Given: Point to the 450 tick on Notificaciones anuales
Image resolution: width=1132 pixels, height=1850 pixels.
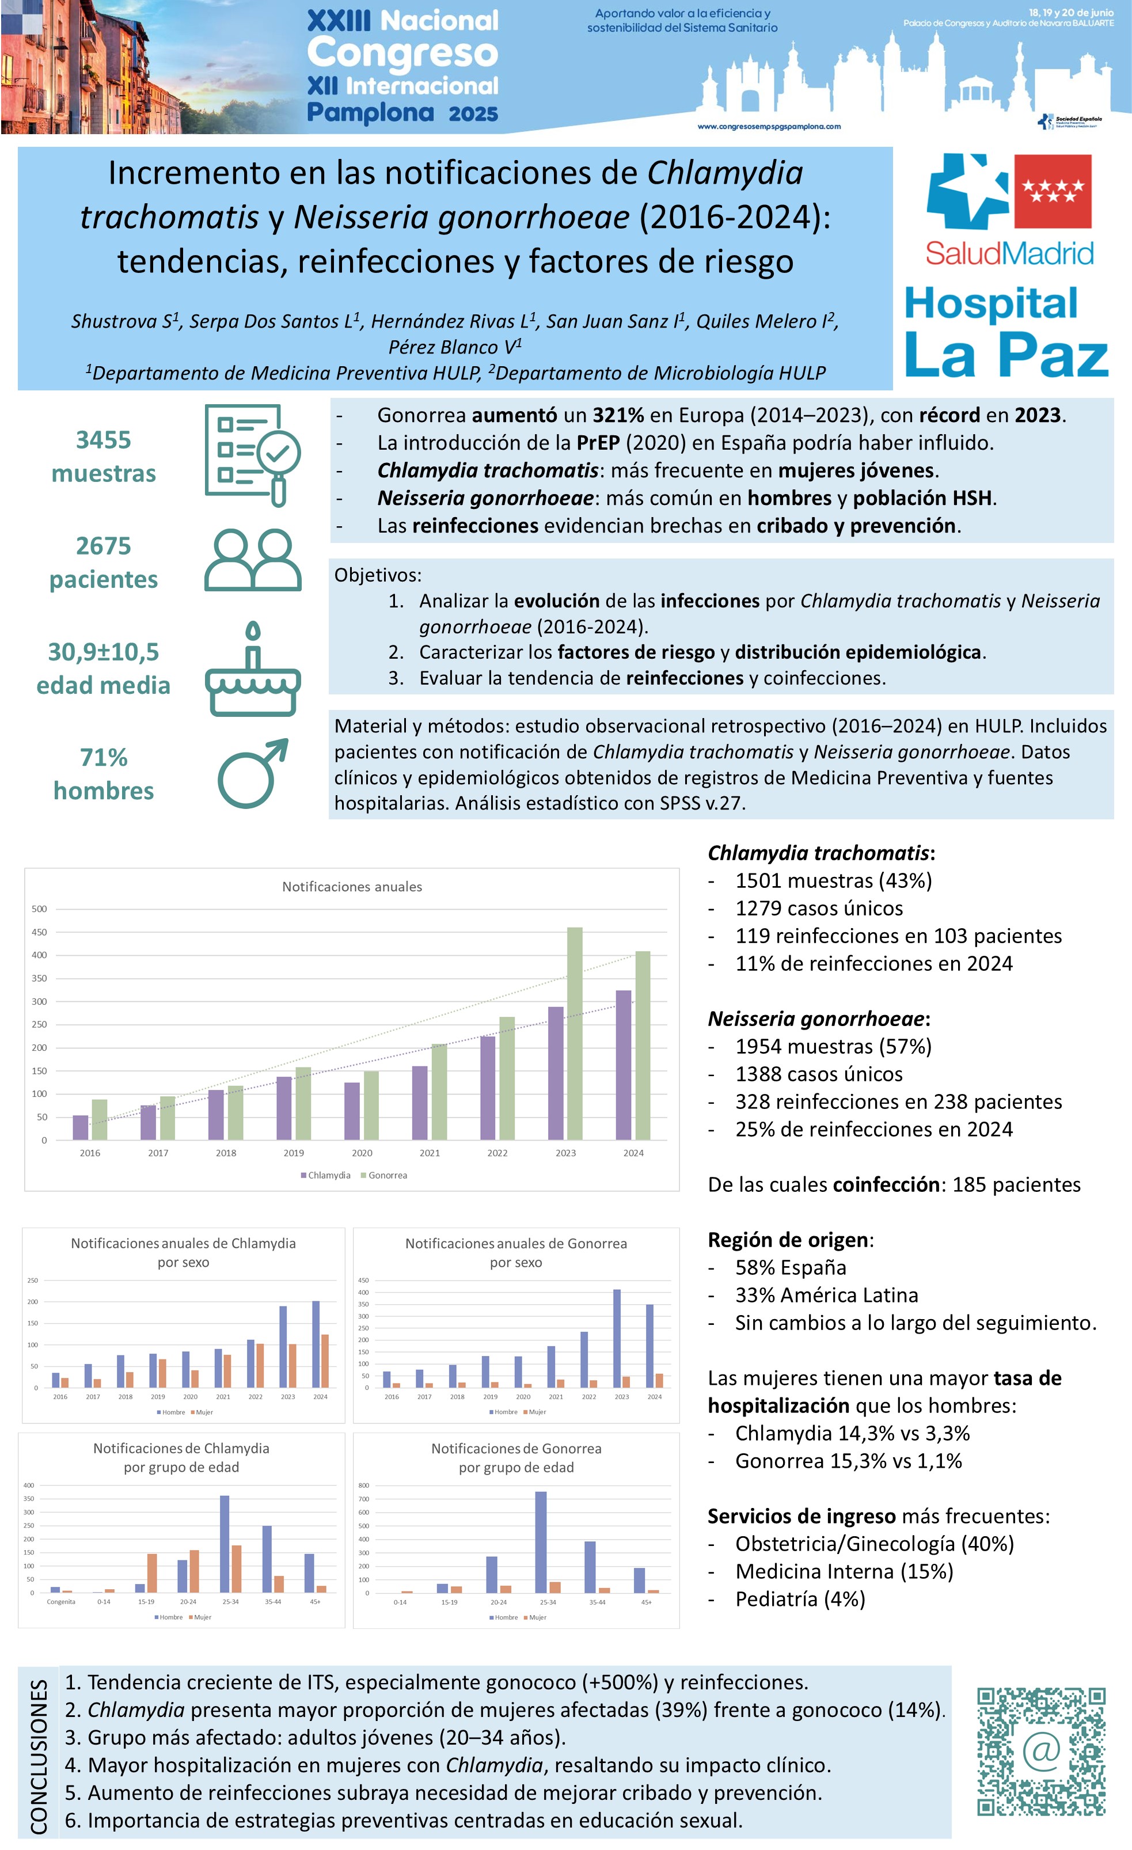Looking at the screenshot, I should (x=39, y=932).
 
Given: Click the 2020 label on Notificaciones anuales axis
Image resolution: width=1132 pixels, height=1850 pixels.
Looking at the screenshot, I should (x=362, y=1153).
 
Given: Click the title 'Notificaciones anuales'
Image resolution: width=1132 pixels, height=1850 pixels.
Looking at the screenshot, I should (x=352, y=887).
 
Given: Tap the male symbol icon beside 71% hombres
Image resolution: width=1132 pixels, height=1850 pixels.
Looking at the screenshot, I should (x=253, y=773).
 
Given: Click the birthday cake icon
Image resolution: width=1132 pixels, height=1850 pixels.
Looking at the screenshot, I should (x=253, y=669).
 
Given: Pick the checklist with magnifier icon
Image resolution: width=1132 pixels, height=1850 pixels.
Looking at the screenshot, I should (x=253, y=455).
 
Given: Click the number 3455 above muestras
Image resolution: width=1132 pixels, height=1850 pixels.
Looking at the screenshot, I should (x=104, y=440).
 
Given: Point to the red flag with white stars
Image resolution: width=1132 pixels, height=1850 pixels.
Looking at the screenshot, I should (x=1053, y=191).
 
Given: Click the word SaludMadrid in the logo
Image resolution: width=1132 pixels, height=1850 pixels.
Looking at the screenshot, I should (x=1009, y=254).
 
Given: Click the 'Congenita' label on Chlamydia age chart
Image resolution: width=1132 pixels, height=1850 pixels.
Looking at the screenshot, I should (x=61, y=1601).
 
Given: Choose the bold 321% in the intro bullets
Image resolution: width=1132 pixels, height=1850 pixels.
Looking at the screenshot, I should (x=618, y=415).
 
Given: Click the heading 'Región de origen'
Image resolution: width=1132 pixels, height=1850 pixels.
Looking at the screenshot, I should (x=789, y=1240).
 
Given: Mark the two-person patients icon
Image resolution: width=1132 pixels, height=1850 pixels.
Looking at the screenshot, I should (x=253, y=560).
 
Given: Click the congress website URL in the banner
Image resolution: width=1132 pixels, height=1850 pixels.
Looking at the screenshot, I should (x=769, y=127).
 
